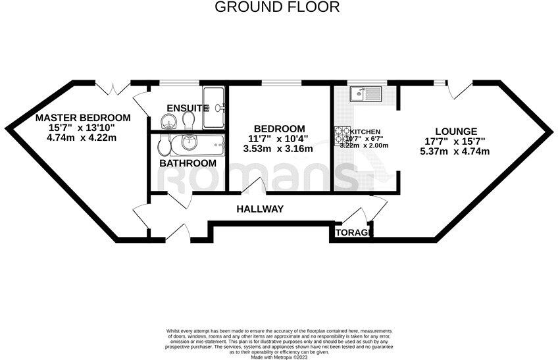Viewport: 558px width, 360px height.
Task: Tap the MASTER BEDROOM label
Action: click(x=83, y=118)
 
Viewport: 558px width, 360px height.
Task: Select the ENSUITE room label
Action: click(x=187, y=108)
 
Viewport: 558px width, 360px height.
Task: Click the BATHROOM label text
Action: click(x=188, y=163)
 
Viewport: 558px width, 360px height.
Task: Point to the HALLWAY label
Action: click(x=260, y=209)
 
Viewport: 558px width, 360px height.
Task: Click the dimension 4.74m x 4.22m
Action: click(x=82, y=138)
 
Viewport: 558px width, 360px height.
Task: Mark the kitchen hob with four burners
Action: click(x=342, y=136)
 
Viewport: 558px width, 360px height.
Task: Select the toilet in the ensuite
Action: click(x=189, y=119)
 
